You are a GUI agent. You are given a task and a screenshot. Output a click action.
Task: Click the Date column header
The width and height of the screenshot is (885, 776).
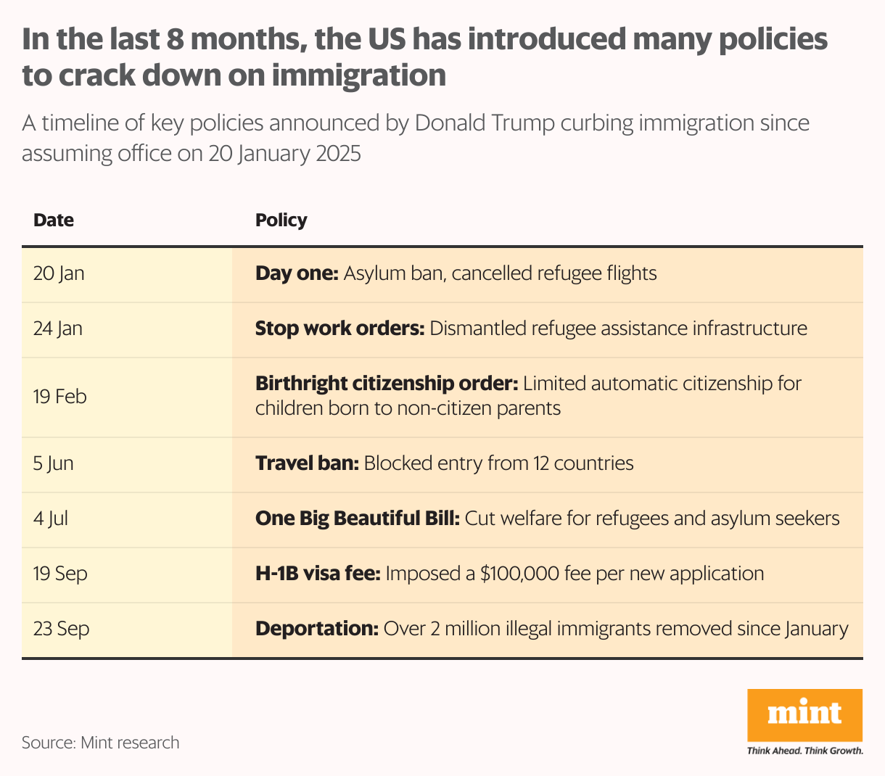[54, 220]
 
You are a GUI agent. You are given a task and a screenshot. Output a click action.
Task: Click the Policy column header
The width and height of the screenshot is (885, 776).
[281, 220]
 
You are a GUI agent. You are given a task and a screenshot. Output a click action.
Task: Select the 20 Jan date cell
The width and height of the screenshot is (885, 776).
[59, 273]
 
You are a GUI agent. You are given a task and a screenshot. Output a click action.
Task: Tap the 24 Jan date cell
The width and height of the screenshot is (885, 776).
[58, 329]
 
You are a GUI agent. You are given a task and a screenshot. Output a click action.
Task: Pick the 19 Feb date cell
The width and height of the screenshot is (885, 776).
[59, 397]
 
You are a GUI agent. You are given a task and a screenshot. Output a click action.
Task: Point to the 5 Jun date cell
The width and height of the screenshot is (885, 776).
[54, 463]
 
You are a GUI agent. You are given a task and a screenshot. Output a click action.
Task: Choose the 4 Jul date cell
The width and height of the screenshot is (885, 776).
[51, 519]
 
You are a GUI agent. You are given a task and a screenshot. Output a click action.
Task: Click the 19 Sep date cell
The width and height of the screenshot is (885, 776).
[60, 574]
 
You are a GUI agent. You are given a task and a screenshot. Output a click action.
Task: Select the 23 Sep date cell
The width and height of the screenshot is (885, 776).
[61, 629]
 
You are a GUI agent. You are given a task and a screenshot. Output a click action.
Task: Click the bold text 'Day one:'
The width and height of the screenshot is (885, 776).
[297, 273]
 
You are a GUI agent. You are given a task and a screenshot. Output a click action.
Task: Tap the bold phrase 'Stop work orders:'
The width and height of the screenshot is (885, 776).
[339, 329]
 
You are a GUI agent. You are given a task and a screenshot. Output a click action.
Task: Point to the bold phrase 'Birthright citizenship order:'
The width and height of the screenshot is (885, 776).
[387, 384]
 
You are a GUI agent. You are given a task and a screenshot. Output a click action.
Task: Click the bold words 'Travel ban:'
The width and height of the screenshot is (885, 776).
[307, 463]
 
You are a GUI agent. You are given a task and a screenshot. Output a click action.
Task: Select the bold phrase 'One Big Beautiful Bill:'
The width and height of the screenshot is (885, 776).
[358, 519]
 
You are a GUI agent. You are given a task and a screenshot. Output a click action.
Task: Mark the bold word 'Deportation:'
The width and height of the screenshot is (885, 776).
[316, 629]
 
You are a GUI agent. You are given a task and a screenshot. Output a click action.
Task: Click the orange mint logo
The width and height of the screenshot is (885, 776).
[804, 714]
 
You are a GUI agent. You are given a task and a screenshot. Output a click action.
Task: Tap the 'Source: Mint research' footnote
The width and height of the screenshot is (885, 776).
[100, 743]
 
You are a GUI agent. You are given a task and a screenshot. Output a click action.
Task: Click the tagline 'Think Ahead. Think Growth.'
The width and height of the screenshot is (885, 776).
[804, 751]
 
